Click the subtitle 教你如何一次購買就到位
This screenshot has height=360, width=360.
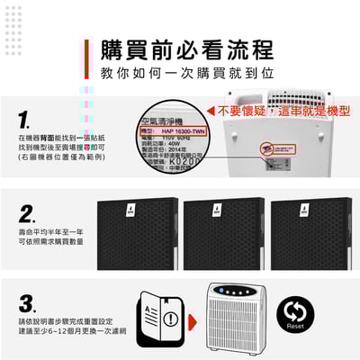click(187, 72)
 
